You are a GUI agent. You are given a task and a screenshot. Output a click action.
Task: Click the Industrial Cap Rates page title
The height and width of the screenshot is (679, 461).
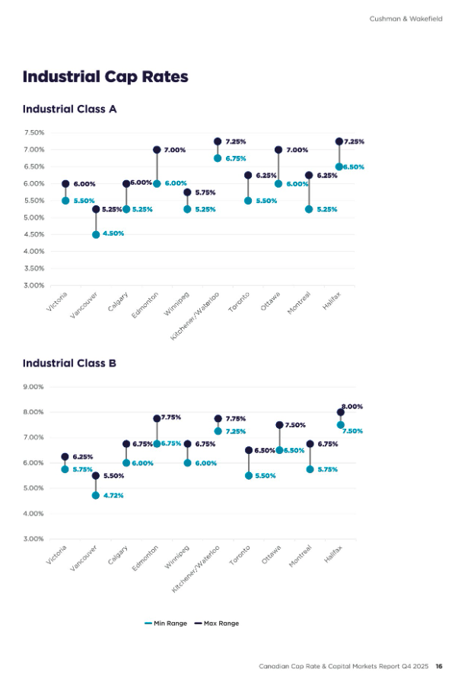(x=105, y=77)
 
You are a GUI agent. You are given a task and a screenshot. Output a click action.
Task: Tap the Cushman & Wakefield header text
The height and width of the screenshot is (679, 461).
(x=405, y=19)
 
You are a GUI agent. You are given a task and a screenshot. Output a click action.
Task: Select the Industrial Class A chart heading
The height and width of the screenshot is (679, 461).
(x=69, y=109)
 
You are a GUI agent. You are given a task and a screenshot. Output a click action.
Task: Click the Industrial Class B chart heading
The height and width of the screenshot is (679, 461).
(x=69, y=363)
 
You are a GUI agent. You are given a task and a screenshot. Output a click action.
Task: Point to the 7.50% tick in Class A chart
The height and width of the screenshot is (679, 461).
(x=33, y=132)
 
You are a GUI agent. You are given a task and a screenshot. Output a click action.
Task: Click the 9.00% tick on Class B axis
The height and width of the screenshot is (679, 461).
(x=33, y=386)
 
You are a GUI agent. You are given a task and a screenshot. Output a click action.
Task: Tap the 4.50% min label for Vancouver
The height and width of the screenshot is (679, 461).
(x=113, y=233)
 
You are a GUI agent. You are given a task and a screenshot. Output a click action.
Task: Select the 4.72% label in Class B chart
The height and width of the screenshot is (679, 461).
(x=113, y=495)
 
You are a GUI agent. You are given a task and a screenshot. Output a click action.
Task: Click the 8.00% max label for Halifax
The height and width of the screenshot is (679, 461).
(x=352, y=406)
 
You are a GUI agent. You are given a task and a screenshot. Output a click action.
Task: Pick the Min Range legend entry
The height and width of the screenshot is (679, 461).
(x=166, y=623)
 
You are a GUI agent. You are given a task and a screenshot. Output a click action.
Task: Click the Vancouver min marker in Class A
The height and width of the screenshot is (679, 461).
(x=96, y=235)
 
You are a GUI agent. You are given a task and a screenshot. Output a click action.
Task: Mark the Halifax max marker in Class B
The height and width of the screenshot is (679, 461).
(x=340, y=412)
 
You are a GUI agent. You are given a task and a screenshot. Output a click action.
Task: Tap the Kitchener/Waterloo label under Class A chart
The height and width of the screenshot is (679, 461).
(x=196, y=314)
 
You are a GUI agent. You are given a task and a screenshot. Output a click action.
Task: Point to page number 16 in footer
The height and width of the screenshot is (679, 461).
(x=439, y=666)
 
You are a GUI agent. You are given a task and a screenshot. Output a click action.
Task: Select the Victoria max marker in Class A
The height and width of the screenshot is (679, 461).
(x=65, y=184)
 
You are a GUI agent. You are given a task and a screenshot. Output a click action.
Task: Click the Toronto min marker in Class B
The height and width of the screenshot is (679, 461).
(x=248, y=475)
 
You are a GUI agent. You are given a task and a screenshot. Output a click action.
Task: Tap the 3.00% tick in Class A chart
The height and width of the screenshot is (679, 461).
(x=33, y=285)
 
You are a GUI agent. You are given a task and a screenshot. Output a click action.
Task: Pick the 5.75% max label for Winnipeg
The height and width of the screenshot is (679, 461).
(x=204, y=192)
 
